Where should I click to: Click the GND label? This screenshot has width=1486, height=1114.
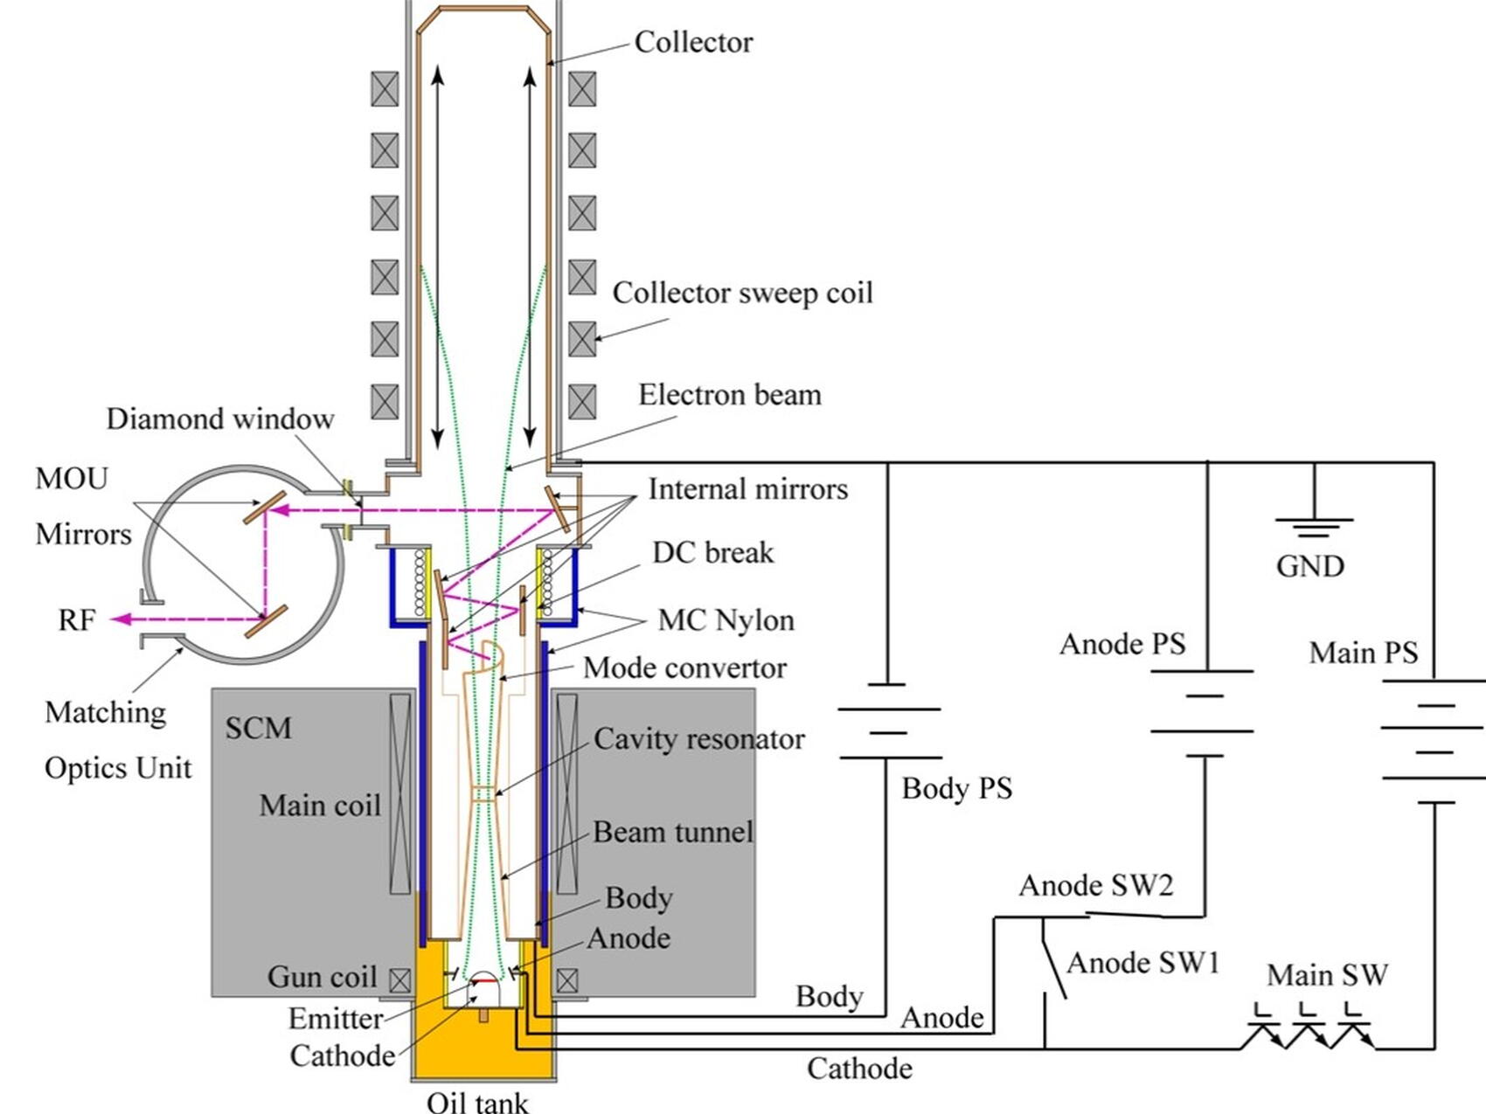(1309, 566)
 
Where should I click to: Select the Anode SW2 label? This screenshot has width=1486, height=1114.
(1095, 886)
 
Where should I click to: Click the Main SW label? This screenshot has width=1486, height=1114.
(1327, 974)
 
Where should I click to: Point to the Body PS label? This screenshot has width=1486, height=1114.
(956, 788)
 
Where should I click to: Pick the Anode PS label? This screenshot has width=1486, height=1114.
(1122, 645)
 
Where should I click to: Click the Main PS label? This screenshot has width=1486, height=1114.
(1363, 653)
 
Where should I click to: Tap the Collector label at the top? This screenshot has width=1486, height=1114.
(693, 42)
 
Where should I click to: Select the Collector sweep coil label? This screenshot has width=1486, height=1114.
(742, 293)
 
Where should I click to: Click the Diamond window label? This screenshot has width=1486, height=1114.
(220, 419)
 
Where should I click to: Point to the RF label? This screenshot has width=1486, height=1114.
(77, 620)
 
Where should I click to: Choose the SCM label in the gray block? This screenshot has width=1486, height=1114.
(258, 728)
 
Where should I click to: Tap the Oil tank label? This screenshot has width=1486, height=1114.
(477, 1101)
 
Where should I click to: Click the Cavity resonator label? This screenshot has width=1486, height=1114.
(698, 739)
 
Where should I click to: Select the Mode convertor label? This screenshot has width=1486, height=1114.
(684, 668)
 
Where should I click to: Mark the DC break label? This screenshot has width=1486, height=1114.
(712, 553)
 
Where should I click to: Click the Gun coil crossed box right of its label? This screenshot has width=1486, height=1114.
(399, 980)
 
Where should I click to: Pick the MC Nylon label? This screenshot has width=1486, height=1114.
(726, 620)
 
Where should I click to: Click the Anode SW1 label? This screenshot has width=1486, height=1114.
(1142, 963)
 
